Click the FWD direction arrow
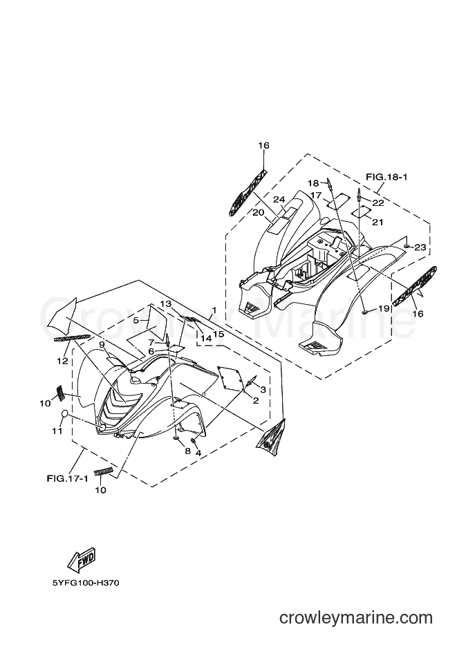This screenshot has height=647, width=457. [82, 559]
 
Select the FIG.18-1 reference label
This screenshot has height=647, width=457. [386, 177]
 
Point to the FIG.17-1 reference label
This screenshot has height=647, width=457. [67, 479]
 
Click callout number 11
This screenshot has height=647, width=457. [57, 431]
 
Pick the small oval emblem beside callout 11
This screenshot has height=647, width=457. [65, 414]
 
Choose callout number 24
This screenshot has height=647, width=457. [279, 200]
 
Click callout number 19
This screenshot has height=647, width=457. [384, 308]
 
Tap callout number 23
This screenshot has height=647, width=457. [420, 247]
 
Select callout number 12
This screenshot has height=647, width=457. [62, 361]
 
